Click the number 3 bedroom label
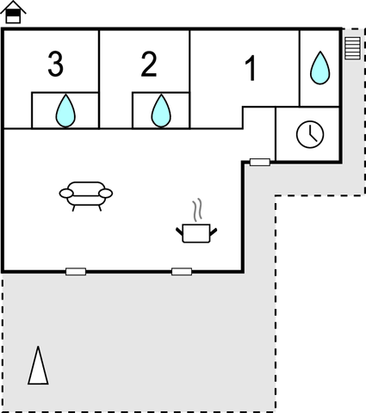(x=55, y=64)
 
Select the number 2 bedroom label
(x=149, y=64)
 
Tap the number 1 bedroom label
(x=251, y=68)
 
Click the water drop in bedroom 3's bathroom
(x=65, y=110)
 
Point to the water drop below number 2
(x=161, y=110)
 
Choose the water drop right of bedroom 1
(x=320, y=68)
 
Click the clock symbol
(x=310, y=134)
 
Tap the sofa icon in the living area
(x=86, y=196)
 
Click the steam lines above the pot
(x=197, y=210)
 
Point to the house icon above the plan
(x=13, y=12)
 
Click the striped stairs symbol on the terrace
(x=352, y=48)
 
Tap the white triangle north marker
(x=38, y=365)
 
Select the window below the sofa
(x=76, y=271)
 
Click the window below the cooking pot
(x=182, y=271)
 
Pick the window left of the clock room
(x=260, y=162)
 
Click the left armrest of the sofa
(x=66, y=194)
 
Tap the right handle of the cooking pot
(x=214, y=231)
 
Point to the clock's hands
(x=313, y=134)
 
